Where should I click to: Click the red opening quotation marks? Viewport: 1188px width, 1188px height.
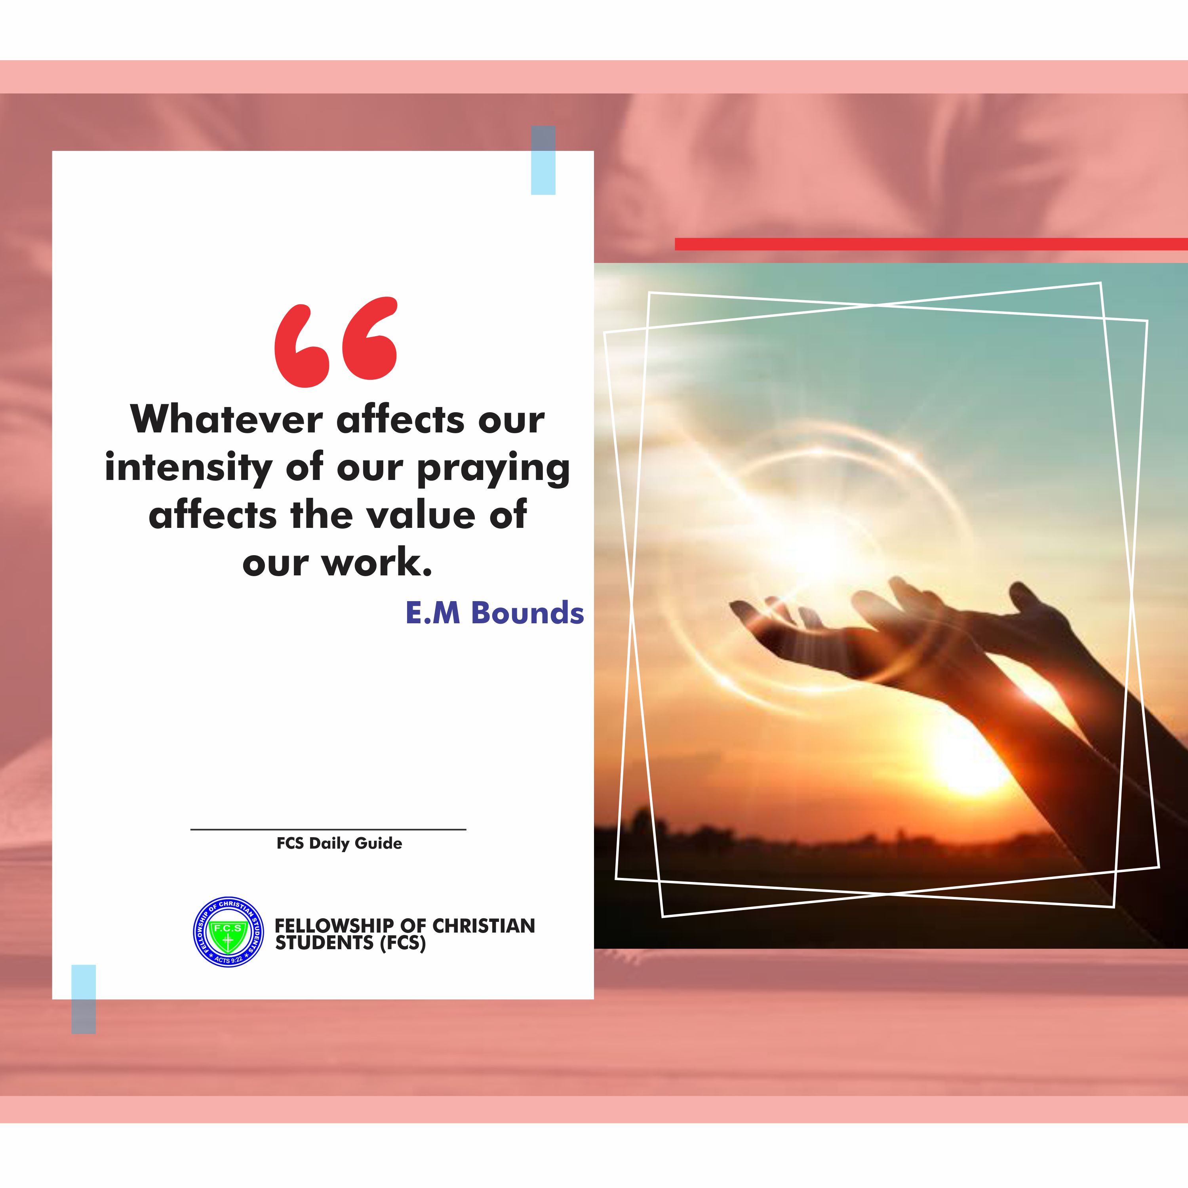click(336, 341)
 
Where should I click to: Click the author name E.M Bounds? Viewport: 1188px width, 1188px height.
click(494, 613)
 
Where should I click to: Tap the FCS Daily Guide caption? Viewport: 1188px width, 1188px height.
click(339, 843)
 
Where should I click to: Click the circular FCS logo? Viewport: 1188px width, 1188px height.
click(228, 931)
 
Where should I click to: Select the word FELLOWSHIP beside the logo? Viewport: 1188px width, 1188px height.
click(334, 925)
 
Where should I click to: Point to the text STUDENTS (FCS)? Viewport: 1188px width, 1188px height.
click(350, 942)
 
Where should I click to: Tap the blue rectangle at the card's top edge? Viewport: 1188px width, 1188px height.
click(543, 160)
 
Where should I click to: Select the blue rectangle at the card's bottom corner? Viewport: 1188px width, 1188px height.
click(84, 999)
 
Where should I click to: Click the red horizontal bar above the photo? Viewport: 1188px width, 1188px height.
click(931, 244)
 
